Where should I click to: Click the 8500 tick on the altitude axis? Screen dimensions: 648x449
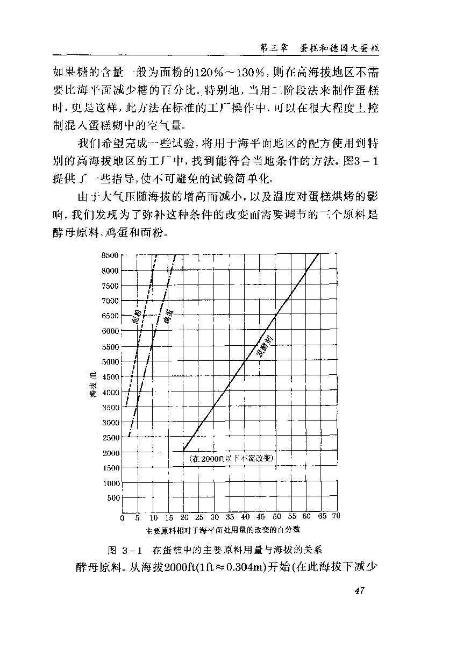110,255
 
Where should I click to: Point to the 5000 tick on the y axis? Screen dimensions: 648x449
110,361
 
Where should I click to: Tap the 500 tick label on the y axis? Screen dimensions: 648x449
113,498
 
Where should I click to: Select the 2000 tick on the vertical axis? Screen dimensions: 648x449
110,453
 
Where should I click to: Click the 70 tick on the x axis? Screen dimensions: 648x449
337,517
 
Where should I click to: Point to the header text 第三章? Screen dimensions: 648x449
272,48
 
